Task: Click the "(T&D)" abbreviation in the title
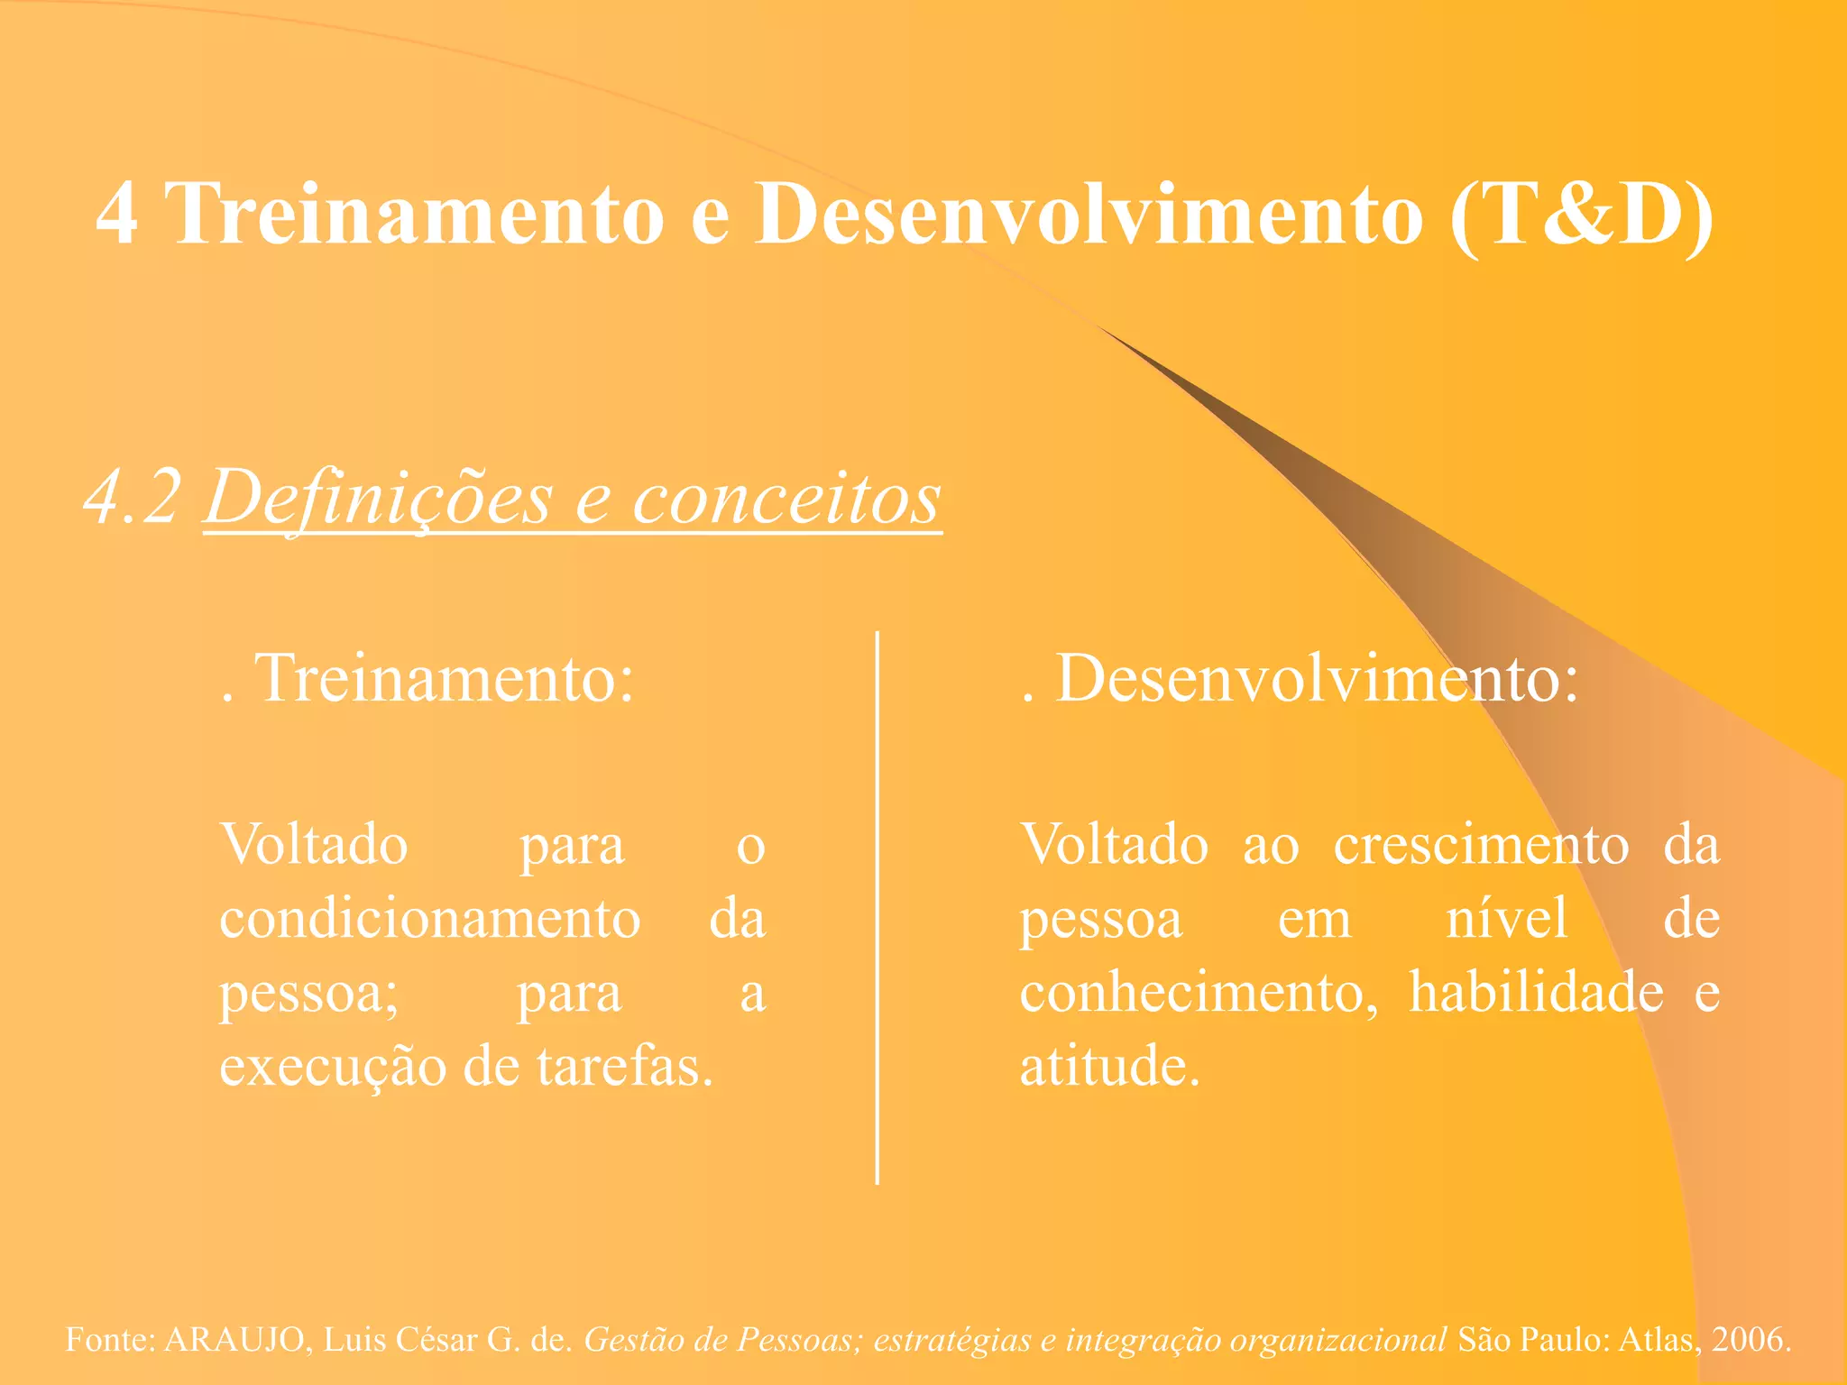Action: click(x=1583, y=214)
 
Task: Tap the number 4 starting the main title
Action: click(x=117, y=214)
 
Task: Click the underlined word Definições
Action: click(x=378, y=498)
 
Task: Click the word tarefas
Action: click(x=625, y=1068)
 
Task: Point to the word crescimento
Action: click(x=1481, y=846)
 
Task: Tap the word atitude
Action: click(x=1109, y=1068)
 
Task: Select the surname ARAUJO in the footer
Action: click(x=234, y=1340)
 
